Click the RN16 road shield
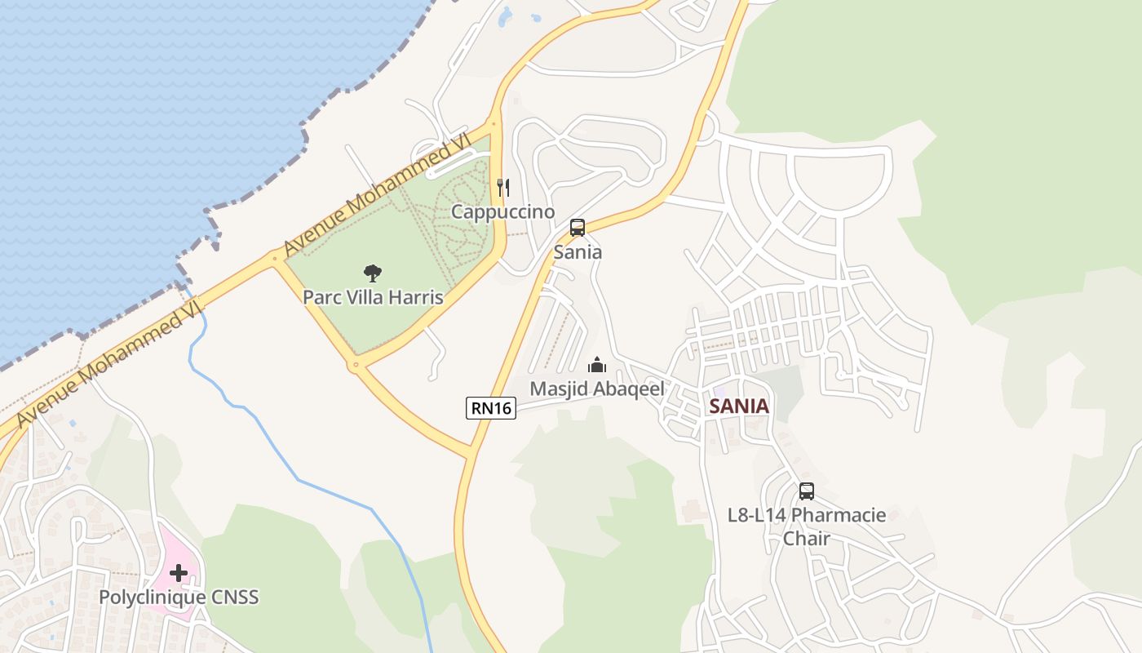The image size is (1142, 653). [x=492, y=407]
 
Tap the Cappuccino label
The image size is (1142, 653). [x=503, y=212]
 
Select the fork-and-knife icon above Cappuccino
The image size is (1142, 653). [x=503, y=188]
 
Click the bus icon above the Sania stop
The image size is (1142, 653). [x=578, y=228]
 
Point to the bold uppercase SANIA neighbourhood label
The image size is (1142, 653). [x=739, y=406]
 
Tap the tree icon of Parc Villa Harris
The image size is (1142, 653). [x=373, y=273]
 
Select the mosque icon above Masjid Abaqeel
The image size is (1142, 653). [x=597, y=365]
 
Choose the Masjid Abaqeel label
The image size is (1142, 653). [x=597, y=389]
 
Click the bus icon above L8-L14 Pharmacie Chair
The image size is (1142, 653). [x=807, y=491]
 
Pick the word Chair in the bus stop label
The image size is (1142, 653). [x=807, y=539]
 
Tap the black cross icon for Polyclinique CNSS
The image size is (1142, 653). [x=179, y=573]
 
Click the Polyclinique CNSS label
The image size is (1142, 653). [x=179, y=597]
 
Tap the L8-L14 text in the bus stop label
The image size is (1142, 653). [x=757, y=516]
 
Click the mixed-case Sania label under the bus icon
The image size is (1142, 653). [x=578, y=252]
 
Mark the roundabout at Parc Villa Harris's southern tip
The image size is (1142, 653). [x=356, y=365]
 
